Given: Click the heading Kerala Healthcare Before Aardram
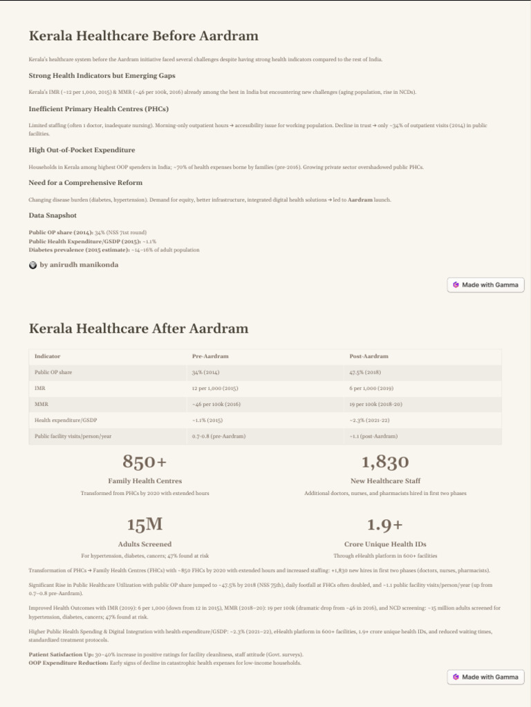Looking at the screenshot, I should [x=143, y=36].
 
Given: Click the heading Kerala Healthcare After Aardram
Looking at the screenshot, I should [x=138, y=328].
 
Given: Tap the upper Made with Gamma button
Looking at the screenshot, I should [x=485, y=284].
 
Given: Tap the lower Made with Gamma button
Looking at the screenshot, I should [x=485, y=677].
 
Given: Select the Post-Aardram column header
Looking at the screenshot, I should [x=369, y=356].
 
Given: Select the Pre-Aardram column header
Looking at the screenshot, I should [x=210, y=356].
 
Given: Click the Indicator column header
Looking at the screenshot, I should [x=47, y=356].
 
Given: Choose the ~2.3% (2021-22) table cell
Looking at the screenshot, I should [x=370, y=420].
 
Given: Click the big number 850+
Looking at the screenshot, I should [x=145, y=461].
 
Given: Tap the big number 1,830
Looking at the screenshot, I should [x=385, y=461].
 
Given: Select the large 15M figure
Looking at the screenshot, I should [x=145, y=525].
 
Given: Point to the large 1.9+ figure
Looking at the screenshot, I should [x=385, y=525].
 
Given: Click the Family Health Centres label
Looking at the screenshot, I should [x=145, y=481].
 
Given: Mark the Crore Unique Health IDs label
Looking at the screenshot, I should [x=385, y=544].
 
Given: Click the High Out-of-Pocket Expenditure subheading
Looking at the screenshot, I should [x=82, y=150].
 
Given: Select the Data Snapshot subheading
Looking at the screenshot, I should [x=53, y=215].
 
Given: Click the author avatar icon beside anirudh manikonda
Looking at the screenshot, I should [x=33, y=265].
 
